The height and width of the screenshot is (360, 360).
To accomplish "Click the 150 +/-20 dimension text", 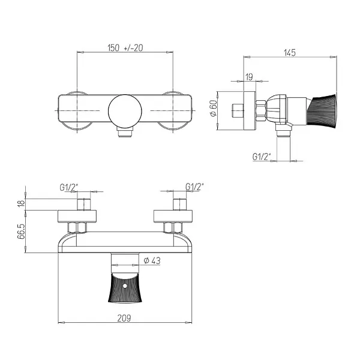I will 125,47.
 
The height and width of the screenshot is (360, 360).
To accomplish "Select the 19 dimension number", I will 249,76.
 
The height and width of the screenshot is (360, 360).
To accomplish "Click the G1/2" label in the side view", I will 262,157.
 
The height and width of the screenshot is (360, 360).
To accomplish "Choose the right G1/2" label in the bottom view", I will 195,187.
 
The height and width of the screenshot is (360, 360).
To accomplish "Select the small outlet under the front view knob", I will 125,134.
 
